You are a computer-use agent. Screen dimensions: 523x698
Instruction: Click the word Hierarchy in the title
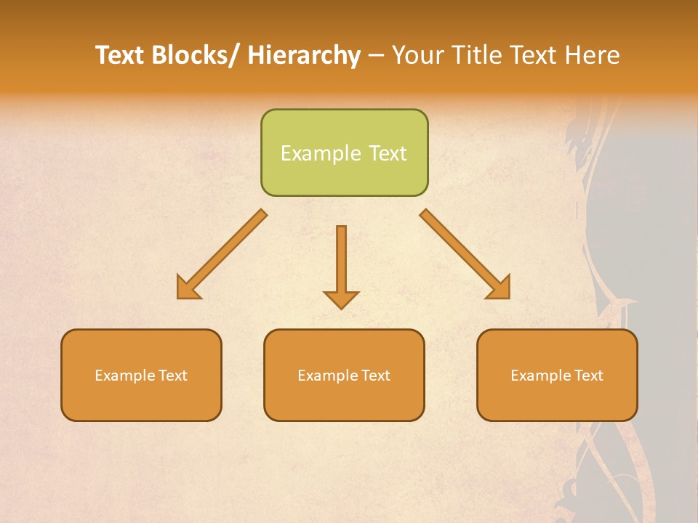303,55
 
